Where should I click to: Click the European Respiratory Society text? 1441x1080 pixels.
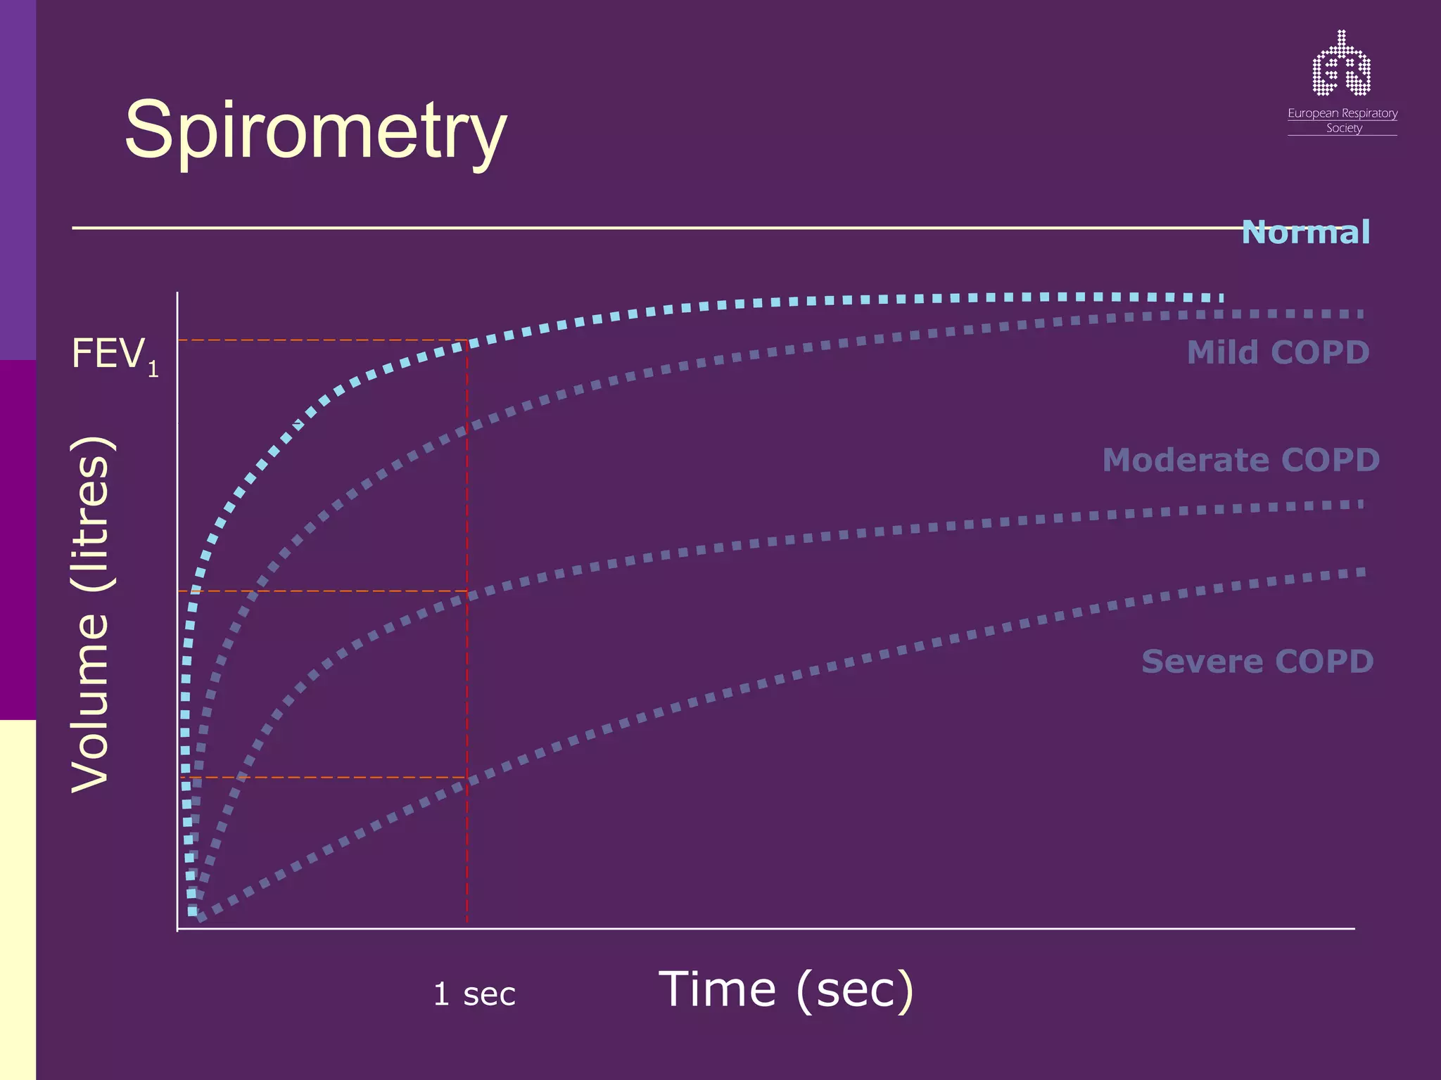point(1342,120)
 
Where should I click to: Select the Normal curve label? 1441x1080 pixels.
point(1305,232)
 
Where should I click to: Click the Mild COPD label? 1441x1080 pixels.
point(1278,352)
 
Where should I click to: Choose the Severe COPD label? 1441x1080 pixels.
point(1257,662)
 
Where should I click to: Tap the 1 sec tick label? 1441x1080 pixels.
point(474,994)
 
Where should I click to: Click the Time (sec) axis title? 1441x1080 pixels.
point(786,989)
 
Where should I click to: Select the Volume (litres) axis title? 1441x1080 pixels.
point(90,615)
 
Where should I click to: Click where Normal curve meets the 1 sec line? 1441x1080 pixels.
point(467,343)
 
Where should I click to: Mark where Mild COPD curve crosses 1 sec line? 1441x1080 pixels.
point(467,430)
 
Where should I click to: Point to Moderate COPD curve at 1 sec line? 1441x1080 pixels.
point(467,598)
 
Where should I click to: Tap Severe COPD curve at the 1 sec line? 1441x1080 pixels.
point(467,783)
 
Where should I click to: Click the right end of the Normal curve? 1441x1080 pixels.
point(1221,298)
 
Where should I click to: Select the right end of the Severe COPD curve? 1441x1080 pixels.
point(1362,572)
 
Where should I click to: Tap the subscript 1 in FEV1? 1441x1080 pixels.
point(153,368)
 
